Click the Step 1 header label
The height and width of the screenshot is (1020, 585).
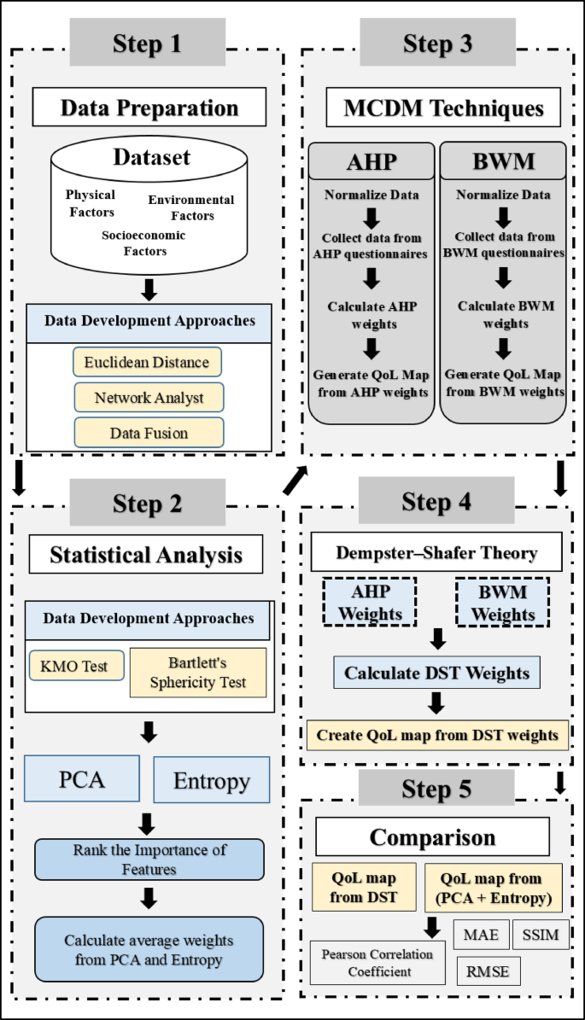point(147,43)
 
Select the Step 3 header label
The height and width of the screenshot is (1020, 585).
point(437,43)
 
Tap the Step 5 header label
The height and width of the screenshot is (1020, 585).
point(436,789)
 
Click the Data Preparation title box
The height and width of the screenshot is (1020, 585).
point(149,108)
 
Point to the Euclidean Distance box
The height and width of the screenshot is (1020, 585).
point(147,362)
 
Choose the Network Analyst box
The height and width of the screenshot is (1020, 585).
point(149,398)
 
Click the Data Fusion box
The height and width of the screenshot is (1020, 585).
point(149,433)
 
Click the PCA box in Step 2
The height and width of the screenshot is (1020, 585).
point(82,779)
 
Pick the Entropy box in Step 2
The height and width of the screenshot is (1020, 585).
point(211,780)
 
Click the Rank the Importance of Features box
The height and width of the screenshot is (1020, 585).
point(149,860)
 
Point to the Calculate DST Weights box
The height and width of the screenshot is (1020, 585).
point(436,673)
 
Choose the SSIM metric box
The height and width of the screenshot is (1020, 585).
point(541,935)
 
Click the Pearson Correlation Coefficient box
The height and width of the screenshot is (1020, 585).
point(377,962)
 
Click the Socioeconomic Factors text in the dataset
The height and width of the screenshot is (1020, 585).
point(143,242)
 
